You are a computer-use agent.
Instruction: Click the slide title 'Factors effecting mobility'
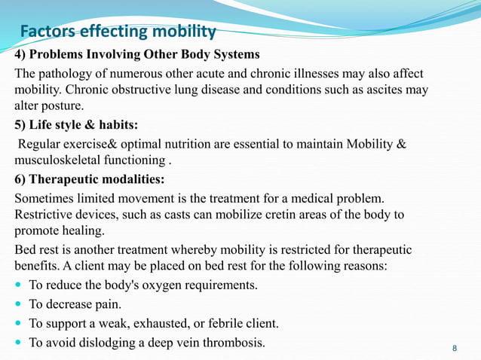click(118, 32)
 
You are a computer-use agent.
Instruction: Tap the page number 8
click(454, 347)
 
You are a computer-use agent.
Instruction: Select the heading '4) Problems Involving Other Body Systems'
click(137, 54)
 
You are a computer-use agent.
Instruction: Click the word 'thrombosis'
click(236, 343)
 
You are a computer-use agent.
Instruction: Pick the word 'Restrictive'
click(44, 215)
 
